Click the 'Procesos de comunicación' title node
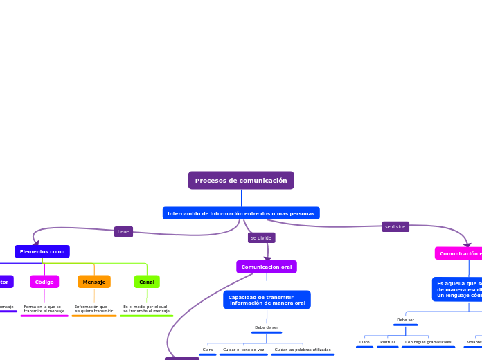pyautogui.click(x=241, y=181)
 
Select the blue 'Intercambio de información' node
pyautogui.click(x=241, y=213)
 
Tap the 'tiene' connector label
pyautogui.click(x=123, y=232)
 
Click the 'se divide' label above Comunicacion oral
pyautogui.click(x=261, y=237)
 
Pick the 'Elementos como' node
pyautogui.click(x=42, y=251)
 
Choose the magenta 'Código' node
pyautogui.click(x=44, y=282)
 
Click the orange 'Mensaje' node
pyautogui.click(x=94, y=282)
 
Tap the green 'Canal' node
pyautogui.click(x=147, y=282)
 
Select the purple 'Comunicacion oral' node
pyautogui.click(x=267, y=267)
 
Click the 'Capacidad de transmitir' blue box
pyautogui.click(x=267, y=300)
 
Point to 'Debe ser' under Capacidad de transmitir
pyautogui.click(x=267, y=327)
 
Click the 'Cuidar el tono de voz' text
pyautogui.click(x=243, y=350)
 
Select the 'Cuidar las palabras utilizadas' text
pyautogui.click(x=303, y=350)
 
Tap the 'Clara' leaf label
pyautogui.click(x=208, y=350)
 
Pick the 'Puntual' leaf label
pyautogui.click(x=387, y=342)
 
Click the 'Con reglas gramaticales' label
pyautogui.click(x=428, y=342)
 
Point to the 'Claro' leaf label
pyautogui.click(x=364, y=342)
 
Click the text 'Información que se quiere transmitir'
pyautogui.click(x=93, y=309)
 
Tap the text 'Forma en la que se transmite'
pyautogui.click(x=44, y=309)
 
